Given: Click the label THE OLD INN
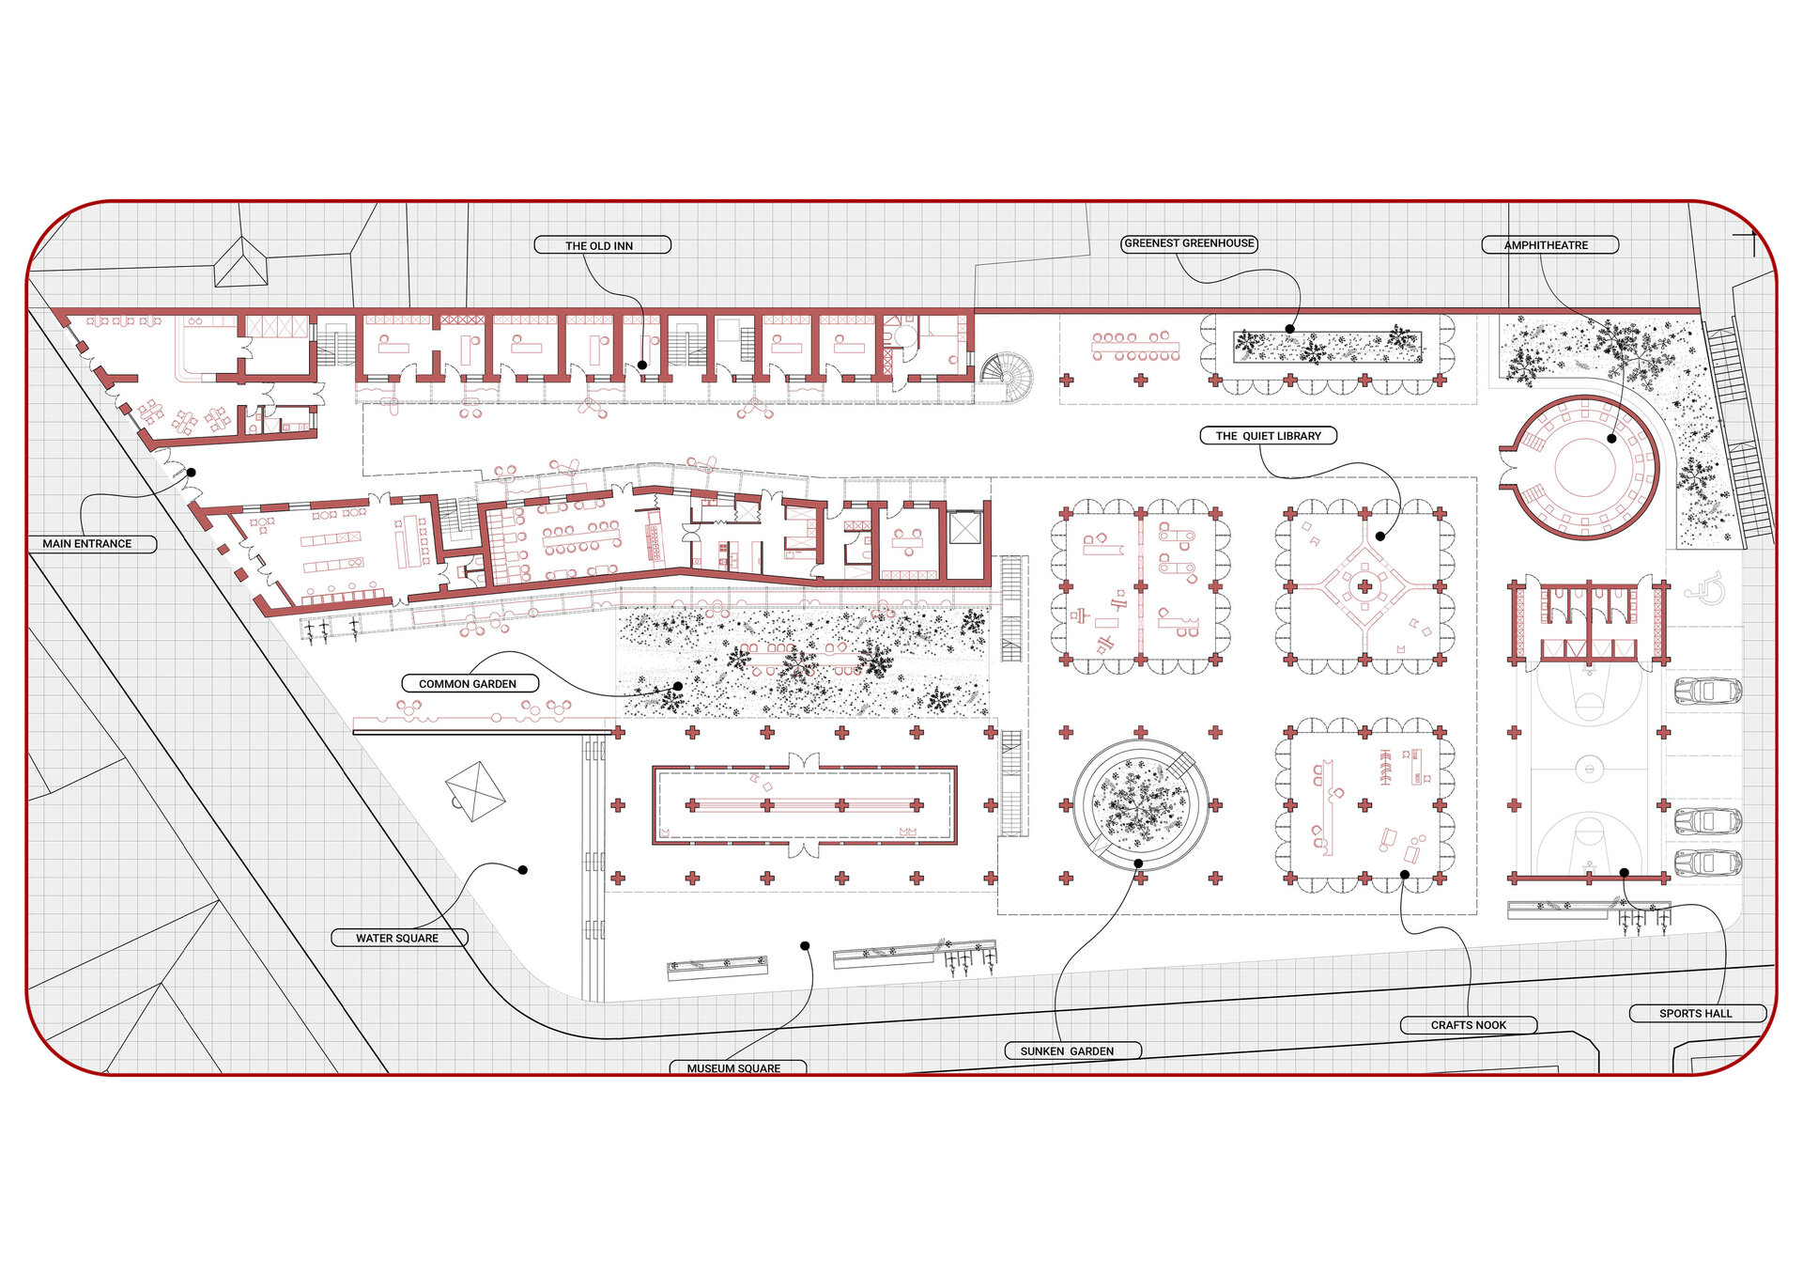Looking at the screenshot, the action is (599, 246).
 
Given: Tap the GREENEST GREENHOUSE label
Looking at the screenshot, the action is (1189, 243).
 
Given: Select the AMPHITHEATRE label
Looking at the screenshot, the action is (1546, 245).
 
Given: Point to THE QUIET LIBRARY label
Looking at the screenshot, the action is (1268, 436).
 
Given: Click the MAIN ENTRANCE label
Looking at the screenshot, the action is (87, 544).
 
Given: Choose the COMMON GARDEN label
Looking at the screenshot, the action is (468, 684).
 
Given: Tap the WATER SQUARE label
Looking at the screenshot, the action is (397, 939).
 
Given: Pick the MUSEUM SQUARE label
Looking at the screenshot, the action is (733, 1068).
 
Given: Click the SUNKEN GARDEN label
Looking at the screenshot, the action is (1067, 1051).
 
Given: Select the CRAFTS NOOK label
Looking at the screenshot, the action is (1469, 1025).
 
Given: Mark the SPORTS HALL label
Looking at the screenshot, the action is (1696, 1014).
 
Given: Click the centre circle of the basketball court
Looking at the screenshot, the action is (1588, 770).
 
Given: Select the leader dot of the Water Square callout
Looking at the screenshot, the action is (523, 870).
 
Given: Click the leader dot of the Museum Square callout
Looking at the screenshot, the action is (805, 945).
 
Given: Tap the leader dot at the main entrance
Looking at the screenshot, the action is (191, 473).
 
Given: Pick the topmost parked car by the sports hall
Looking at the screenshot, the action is (1708, 691).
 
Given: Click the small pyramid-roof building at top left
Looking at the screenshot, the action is (241, 262).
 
